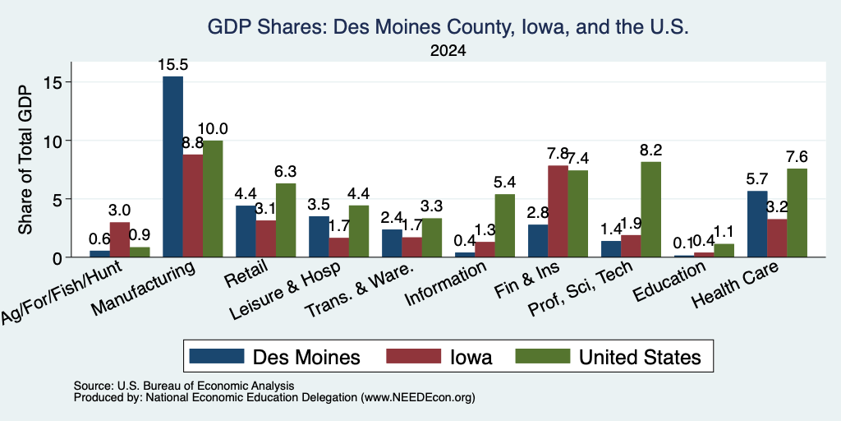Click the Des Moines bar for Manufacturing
[x=172, y=166]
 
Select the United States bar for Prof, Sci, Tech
[x=651, y=210]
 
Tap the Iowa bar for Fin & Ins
[x=558, y=211]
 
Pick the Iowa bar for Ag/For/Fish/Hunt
[x=120, y=239]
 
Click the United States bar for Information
[x=505, y=225]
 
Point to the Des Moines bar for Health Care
[x=757, y=224]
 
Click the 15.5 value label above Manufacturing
[x=172, y=65]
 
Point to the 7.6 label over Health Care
[x=797, y=157]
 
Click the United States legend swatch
[x=542, y=356]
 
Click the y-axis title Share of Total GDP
[x=25, y=160]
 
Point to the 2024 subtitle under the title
[x=448, y=51]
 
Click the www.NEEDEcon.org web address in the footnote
[x=418, y=398]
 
